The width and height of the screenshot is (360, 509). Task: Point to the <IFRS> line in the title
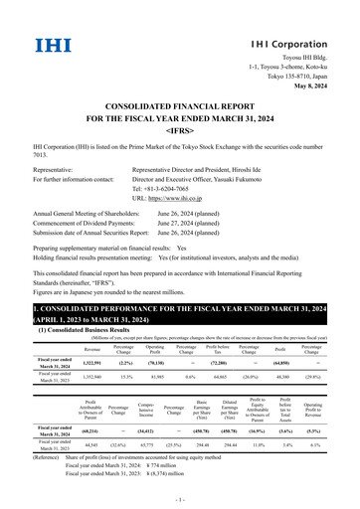(x=179, y=127)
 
